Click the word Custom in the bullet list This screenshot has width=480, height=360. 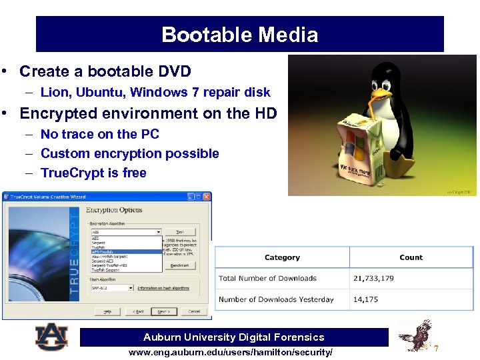click(x=63, y=153)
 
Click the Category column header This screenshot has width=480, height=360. click(x=282, y=257)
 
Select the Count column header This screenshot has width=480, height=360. click(x=411, y=257)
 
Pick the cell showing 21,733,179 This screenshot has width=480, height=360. click(x=373, y=278)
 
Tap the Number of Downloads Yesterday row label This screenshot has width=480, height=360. click(x=276, y=299)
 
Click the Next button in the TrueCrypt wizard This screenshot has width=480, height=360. click(x=163, y=311)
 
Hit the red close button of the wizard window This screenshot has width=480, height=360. click(x=207, y=197)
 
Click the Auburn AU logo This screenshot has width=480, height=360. click(x=51, y=337)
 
